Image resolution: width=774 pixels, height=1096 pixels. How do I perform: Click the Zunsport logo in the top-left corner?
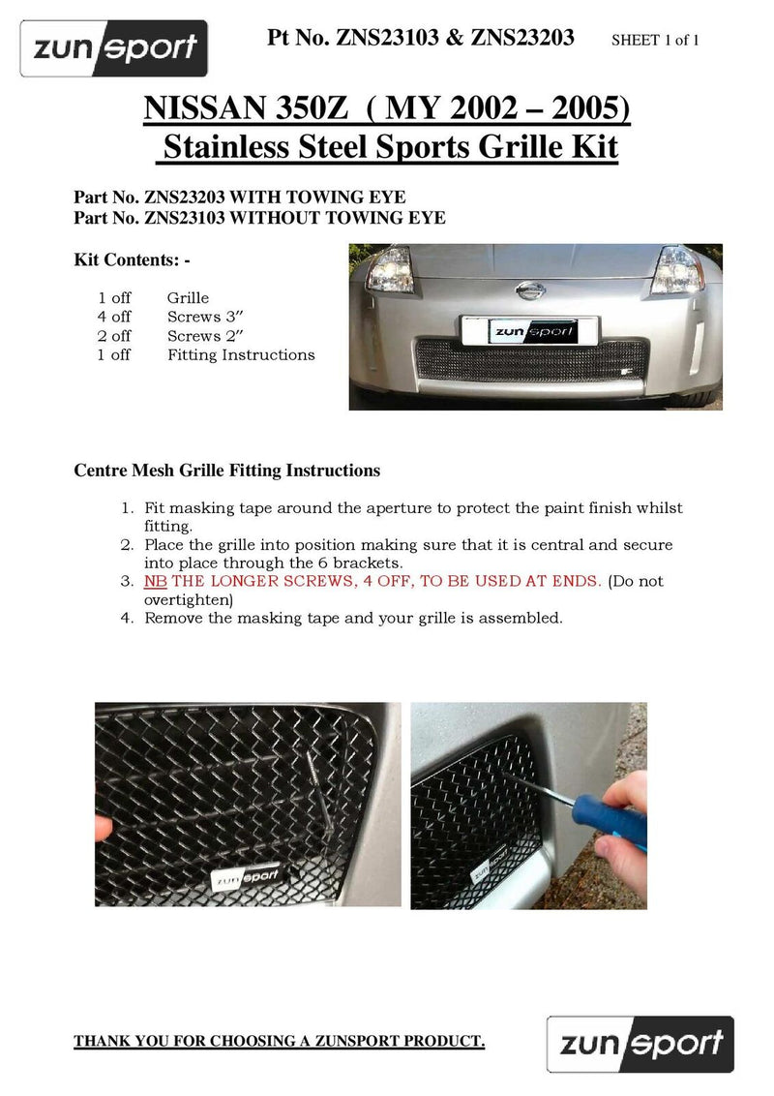(x=114, y=47)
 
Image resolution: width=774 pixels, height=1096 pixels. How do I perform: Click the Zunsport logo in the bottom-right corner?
(x=640, y=1043)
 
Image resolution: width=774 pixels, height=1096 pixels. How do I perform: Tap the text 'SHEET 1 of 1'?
(x=655, y=41)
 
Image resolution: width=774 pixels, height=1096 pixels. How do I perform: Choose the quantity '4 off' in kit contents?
(x=114, y=317)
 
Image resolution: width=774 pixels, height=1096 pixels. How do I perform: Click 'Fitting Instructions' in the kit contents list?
(x=241, y=355)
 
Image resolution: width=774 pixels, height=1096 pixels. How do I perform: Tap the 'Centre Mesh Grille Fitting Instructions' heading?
(x=227, y=471)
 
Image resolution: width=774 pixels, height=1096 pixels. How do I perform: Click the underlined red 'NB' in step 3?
(x=155, y=582)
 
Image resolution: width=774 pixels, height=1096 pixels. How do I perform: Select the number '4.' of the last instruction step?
(x=127, y=618)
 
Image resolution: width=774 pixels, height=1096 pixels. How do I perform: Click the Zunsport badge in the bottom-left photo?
(x=245, y=877)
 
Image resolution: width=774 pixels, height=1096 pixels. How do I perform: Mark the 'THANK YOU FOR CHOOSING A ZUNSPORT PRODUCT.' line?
(x=280, y=1041)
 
